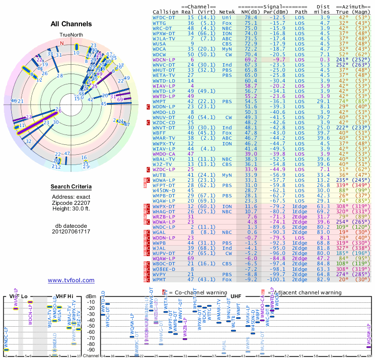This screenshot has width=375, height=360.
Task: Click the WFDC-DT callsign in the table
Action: click(x=164, y=17)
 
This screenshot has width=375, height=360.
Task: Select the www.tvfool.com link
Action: click(x=71, y=280)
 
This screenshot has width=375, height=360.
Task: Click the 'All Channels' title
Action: click(x=71, y=24)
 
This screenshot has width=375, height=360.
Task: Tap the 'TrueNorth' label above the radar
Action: click(x=71, y=35)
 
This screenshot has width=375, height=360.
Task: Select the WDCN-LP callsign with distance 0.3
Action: click(x=164, y=60)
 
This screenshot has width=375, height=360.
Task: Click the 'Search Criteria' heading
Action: click(x=71, y=187)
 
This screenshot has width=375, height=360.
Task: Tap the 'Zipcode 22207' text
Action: click(x=71, y=202)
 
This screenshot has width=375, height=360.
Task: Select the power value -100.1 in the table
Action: click(x=275, y=280)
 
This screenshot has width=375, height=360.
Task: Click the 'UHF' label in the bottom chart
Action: click(x=236, y=296)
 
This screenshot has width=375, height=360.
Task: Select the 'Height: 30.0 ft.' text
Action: click(x=71, y=209)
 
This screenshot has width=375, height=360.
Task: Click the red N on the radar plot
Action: click(x=61, y=43)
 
